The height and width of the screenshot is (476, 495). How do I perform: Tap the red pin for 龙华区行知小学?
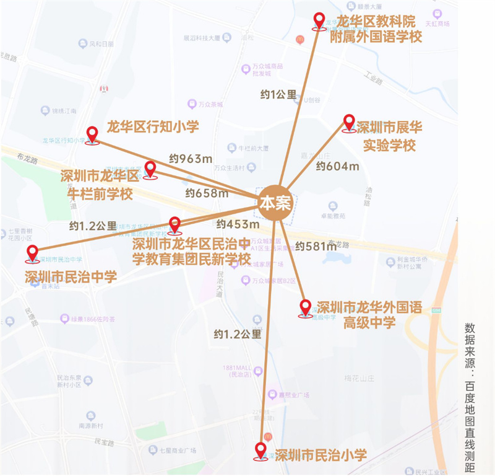point(93,134)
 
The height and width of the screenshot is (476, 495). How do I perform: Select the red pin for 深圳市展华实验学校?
point(349,123)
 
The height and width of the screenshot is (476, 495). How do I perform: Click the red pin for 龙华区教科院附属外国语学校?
point(319,21)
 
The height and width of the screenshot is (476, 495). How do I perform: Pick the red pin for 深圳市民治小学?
point(262,451)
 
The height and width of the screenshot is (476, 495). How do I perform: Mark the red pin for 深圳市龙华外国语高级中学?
point(305,307)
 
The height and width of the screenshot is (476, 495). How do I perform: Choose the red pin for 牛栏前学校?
point(150,169)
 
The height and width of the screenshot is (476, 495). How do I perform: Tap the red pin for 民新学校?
point(175,224)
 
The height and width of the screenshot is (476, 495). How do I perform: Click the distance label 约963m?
point(191,159)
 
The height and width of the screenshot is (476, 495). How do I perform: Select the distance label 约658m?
point(207,193)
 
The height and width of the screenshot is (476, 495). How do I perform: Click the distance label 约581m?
point(316,246)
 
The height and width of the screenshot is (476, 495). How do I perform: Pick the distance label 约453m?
point(238,224)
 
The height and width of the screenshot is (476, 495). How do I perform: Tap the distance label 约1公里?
point(278,94)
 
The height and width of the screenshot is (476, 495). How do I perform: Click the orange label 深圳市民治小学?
point(321,456)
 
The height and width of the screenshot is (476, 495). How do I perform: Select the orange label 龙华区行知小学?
point(153,127)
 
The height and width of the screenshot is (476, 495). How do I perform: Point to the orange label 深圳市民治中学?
point(71,276)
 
